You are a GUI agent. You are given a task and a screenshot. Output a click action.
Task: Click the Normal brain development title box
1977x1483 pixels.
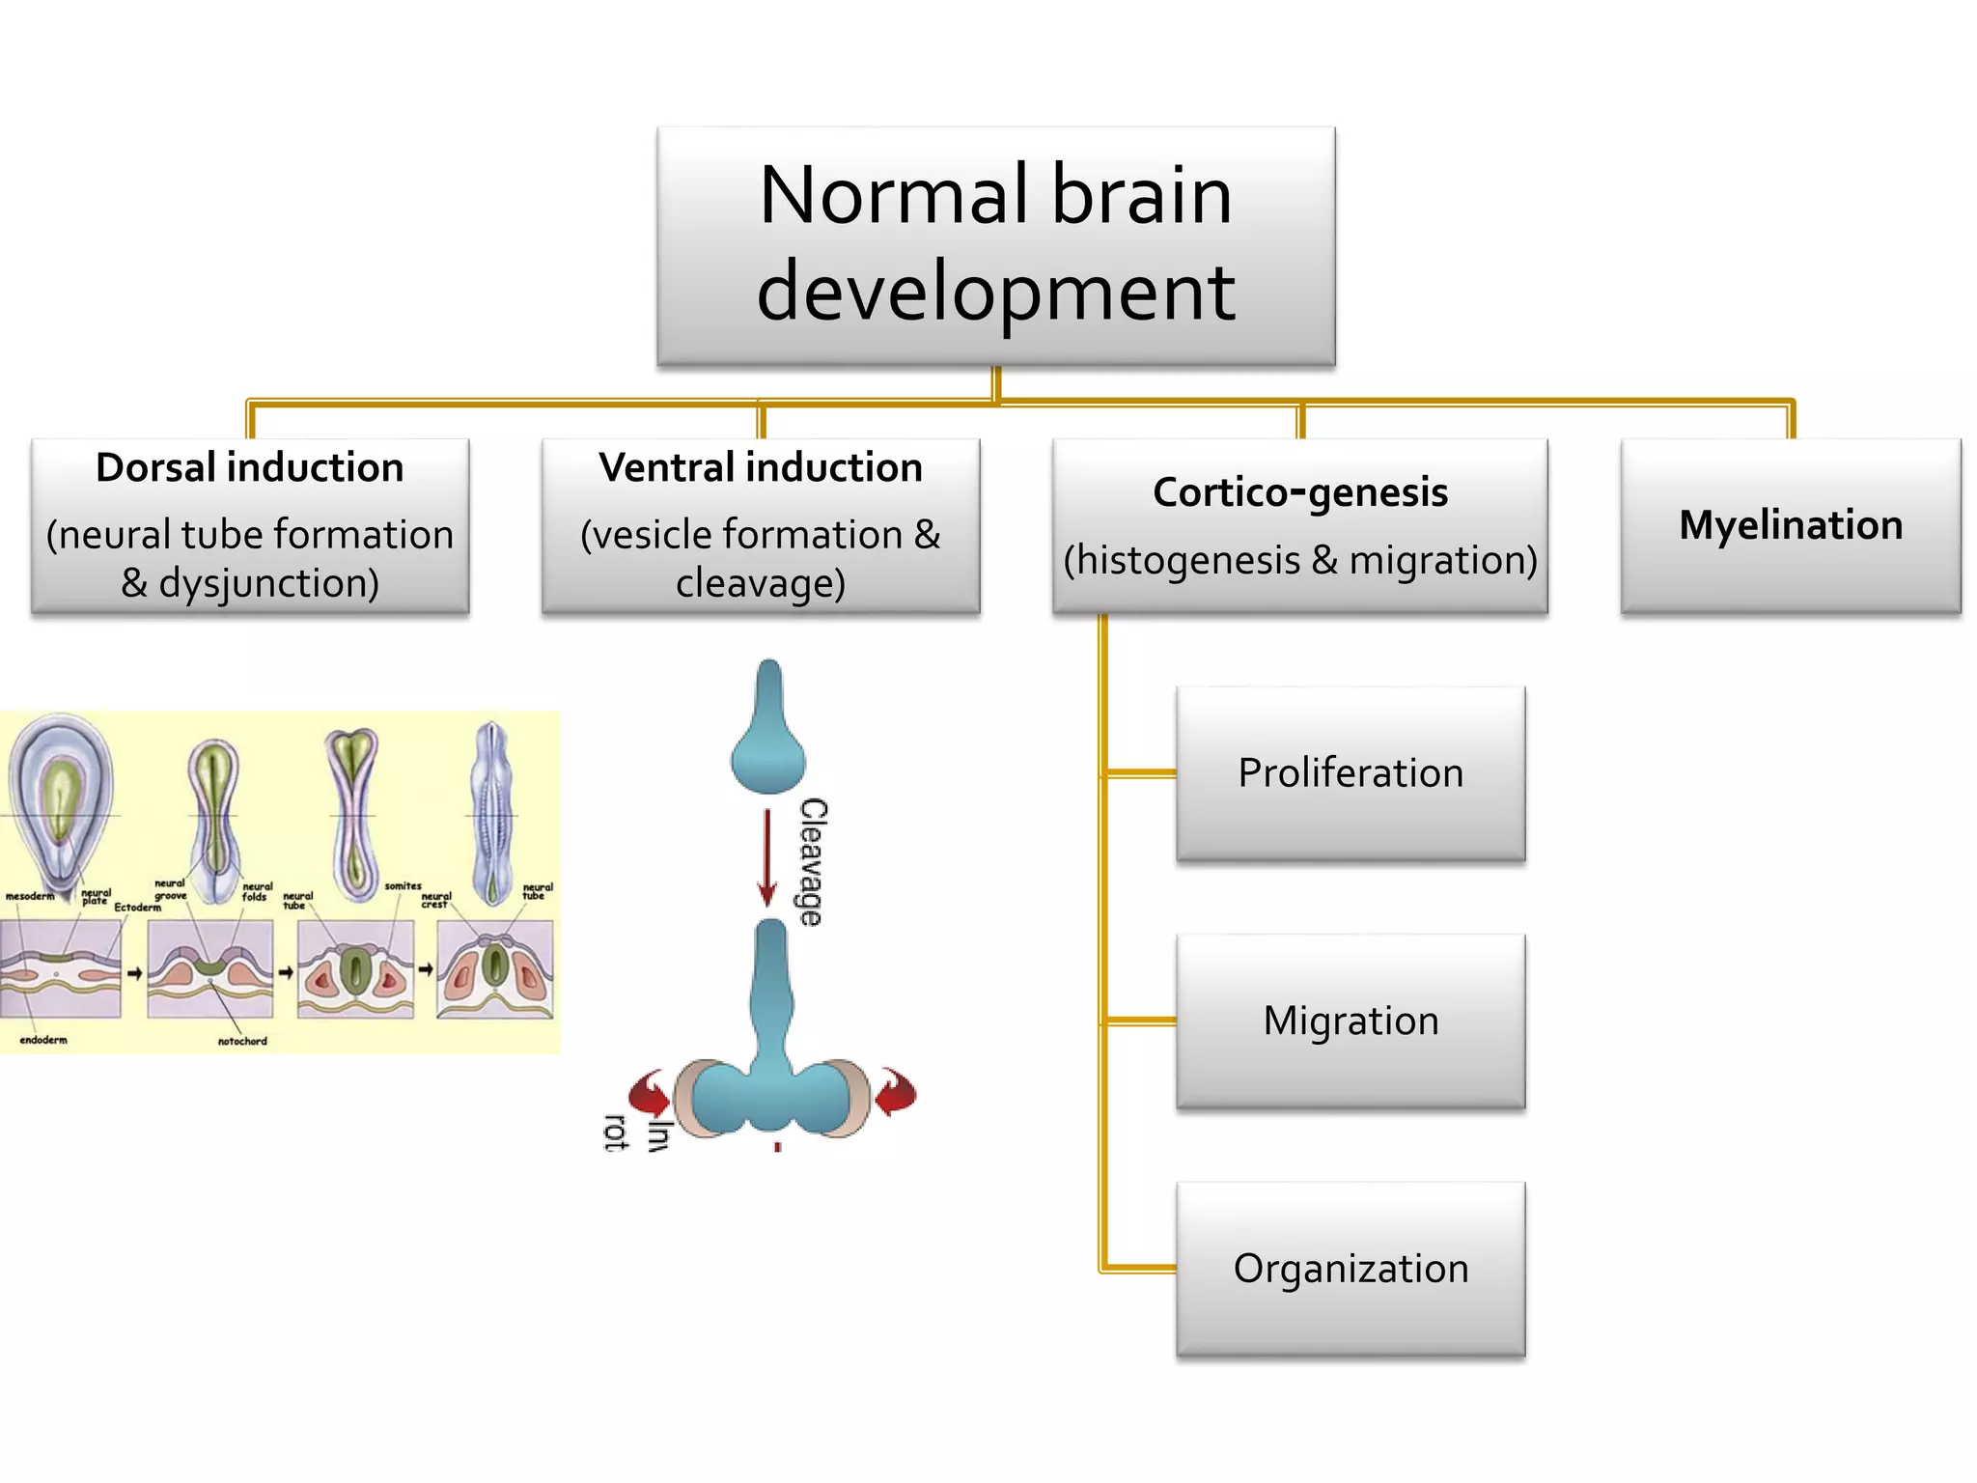[x=995, y=245]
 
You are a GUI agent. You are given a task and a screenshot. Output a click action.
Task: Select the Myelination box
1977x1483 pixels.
[x=1790, y=525]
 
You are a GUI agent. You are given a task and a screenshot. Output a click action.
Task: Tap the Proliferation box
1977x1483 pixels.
[x=1350, y=773]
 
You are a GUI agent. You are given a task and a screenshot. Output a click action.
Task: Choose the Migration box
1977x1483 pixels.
[x=1350, y=1021]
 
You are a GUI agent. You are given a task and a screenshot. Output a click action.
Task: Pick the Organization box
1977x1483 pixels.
[x=1350, y=1268]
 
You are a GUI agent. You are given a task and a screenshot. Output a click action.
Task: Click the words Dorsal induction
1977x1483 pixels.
[x=249, y=467]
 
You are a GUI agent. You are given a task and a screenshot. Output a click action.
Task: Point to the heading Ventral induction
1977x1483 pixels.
[x=760, y=467]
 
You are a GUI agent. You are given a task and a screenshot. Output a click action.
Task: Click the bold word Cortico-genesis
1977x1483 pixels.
[x=1299, y=492]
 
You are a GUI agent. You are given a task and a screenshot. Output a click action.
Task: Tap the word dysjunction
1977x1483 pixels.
[x=268, y=583]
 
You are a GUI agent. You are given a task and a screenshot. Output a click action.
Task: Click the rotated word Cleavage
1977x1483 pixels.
[x=813, y=861]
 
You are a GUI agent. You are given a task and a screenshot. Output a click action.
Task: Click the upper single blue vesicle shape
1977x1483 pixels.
[x=768, y=734]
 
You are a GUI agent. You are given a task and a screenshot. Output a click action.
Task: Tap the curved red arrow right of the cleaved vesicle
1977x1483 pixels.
[x=896, y=1092]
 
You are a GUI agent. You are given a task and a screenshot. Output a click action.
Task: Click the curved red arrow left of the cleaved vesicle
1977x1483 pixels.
[x=650, y=1092]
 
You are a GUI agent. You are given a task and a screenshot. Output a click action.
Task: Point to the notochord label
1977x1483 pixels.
[x=241, y=1041]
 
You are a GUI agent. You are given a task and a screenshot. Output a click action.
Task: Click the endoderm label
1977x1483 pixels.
[x=43, y=1040]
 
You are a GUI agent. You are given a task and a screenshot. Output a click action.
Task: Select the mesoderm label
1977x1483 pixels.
[x=30, y=896]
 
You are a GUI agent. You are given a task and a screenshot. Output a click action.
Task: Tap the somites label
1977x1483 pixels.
[x=403, y=885]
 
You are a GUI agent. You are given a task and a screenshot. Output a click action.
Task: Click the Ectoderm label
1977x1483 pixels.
[x=137, y=908]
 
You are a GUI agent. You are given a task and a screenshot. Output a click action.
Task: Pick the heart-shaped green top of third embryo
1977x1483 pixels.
[x=351, y=749]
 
